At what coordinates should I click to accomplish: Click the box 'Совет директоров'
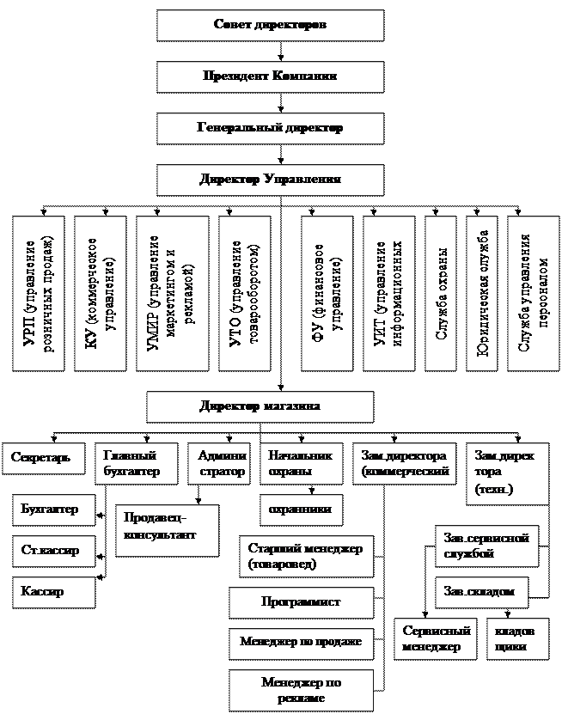(x=270, y=26)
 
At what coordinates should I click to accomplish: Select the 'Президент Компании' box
(x=270, y=76)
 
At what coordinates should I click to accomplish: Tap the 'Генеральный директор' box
(x=270, y=128)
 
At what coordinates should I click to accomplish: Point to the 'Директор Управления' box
(x=270, y=180)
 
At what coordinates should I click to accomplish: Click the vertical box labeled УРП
(x=38, y=293)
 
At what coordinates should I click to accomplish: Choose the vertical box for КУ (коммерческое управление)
(x=99, y=293)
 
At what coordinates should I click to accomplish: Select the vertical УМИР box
(x=172, y=293)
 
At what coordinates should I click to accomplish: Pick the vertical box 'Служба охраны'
(x=440, y=293)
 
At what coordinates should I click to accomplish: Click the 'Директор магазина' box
(x=260, y=406)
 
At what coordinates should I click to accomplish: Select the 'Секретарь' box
(x=43, y=457)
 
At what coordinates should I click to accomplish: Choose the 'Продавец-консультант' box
(x=167, y=530)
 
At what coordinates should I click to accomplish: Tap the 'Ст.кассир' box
(x=53, y=550)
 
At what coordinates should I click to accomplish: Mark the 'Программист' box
(x=301, y=602)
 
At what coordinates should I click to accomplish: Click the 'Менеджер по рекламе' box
(x=301, y=691)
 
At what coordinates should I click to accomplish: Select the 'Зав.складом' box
(x=481, y=592)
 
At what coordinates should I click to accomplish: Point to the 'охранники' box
(x=296, y=510)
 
